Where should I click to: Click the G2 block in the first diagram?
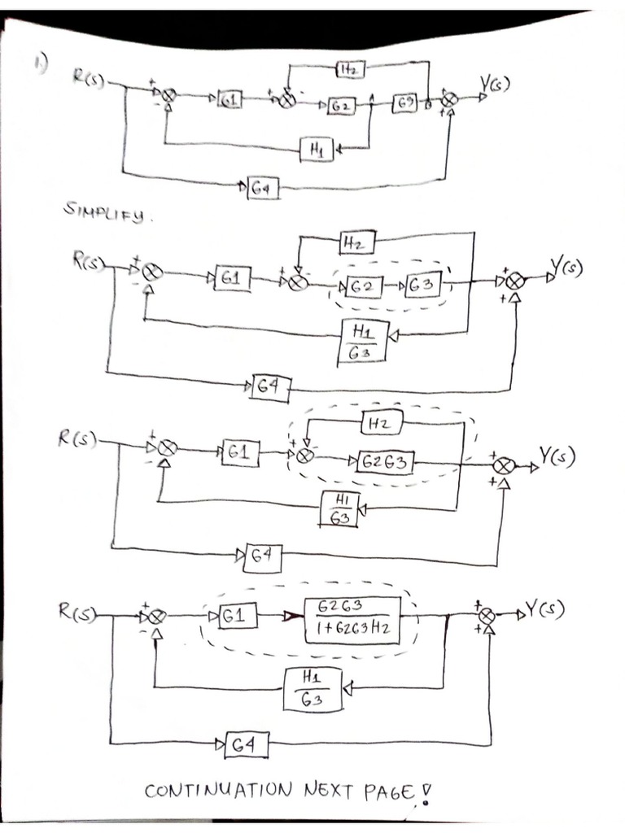point(341,105)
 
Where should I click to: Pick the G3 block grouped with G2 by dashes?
point(422,286)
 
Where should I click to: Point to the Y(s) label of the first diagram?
point(494,84)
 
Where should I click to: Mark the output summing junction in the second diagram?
point(514,280)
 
